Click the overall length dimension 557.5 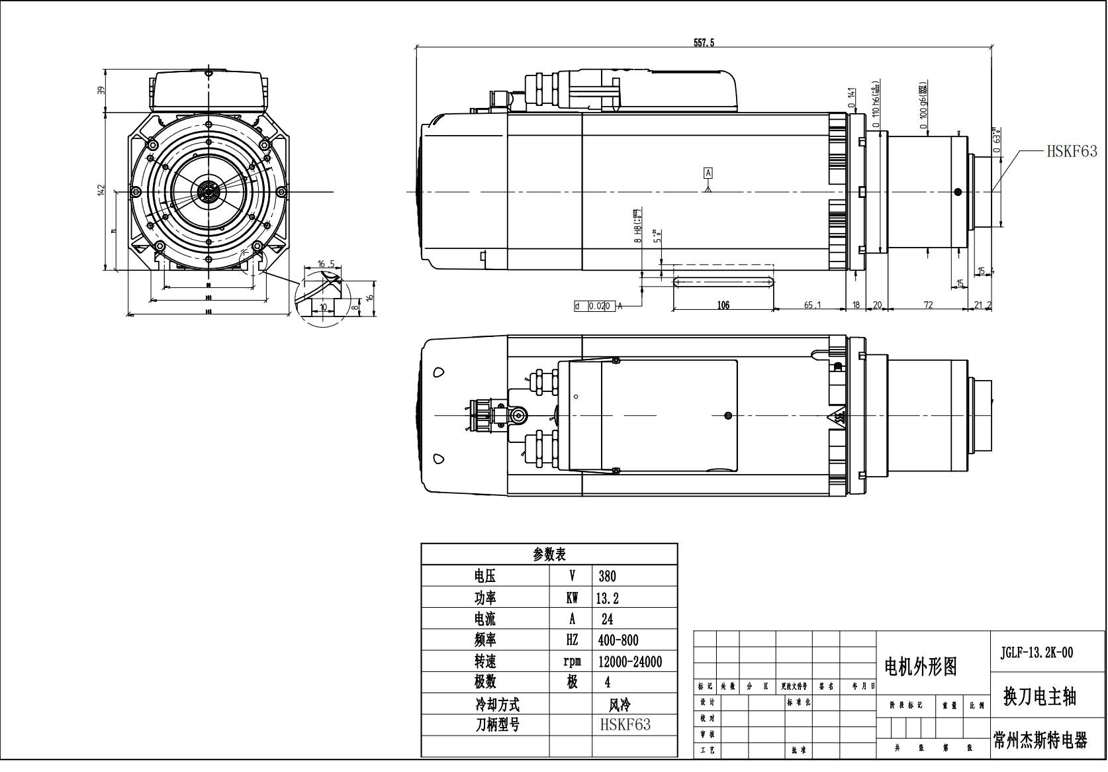(704, 42)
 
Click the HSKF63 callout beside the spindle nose (1071, 152)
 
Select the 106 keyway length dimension (723, 305)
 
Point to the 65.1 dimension (812, 305)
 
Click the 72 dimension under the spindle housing (928, 305)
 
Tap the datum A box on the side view (708, 173)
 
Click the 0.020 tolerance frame (598, 306)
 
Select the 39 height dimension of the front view (101, 91)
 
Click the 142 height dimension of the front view (101, 190)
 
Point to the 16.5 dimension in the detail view (326, 264)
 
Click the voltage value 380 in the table (607, 576)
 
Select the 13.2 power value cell (607, 599)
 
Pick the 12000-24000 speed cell (629, 661)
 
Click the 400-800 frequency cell (618, 640)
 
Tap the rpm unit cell (572, 661)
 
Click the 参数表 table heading (549, 554)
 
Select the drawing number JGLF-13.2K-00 (1037, 653)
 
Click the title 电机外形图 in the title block (921, 667)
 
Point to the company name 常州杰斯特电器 (1040, 740)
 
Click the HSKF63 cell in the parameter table (625, 725)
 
